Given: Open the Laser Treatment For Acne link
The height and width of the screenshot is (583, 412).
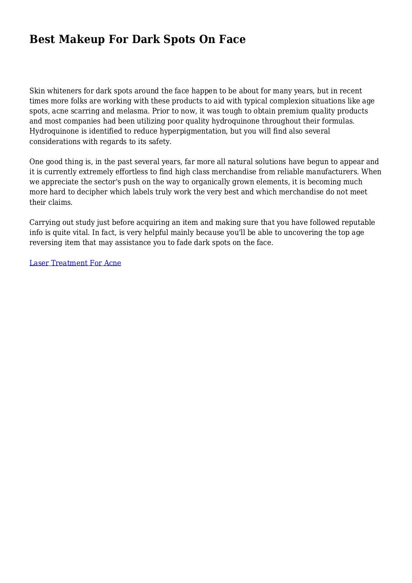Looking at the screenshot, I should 75,263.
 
